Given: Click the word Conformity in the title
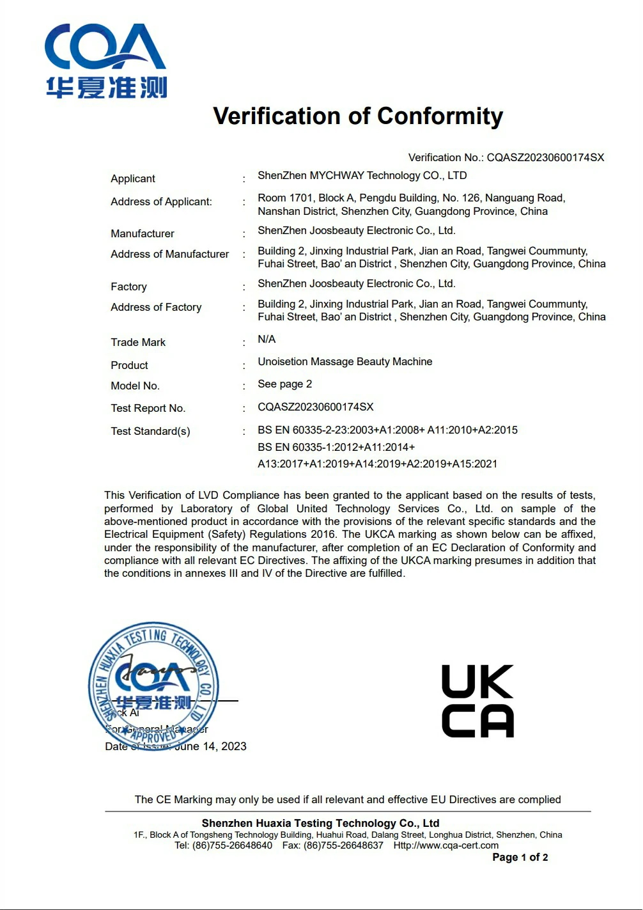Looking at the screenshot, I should pyautogui.click(x=440, y=116).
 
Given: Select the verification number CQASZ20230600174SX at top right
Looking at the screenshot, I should pyautogui.click(x=545, y=157).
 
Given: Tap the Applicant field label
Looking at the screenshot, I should pyautogui.click(x=133, y=178).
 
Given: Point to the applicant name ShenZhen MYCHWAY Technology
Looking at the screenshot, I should pyautogui.click(x=362, y=175).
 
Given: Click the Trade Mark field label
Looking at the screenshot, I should pyautogui.click(x=138, y=342).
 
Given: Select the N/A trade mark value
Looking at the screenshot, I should pyautogui.click(x=267, y=339).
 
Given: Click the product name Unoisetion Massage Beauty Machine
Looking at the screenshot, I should pyautogui.click(x=345, y=361).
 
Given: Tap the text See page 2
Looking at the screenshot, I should pyautogui.click(x=284, y=384).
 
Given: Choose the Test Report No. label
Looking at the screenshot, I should pyautogui.click(x=148, y=408).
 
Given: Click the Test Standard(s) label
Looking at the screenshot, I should pyautogui.click(x=150, y=431).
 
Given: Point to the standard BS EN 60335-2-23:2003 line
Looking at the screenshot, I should pyautogui.click(x=387, y=430).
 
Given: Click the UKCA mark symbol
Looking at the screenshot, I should pyautogui.click(x=477, y=701).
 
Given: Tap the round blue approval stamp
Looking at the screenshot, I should pyautogui.click(x=153, y=686).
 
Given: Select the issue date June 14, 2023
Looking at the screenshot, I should pyautogui.click(x=210, y=746).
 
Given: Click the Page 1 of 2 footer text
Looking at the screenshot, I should pyautogui.click(x=520, y=857).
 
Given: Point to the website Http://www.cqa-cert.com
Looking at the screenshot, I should pyautogui.click(x=445, y=845).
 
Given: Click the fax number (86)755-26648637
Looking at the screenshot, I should pyautogui.click(x=343, y=845).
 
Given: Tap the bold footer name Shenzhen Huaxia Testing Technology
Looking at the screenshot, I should pyautogui.click(x=320, y=823).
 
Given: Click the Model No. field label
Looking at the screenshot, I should pyautogui.click(x=135, y=386).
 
